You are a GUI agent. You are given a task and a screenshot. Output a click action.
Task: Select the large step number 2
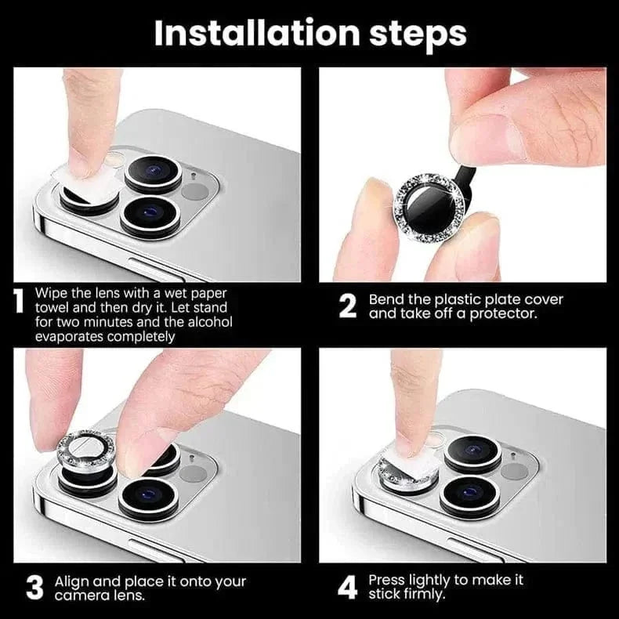pyautogui.click(x=348, y=306)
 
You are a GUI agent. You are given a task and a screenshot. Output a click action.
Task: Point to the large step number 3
pyautogui.click(x=34, y=588)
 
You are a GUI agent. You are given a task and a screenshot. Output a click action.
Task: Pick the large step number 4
pyautogui.click(x=348, y=588)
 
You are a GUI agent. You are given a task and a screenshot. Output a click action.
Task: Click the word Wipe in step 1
pyautogui.click(x=52, y=292)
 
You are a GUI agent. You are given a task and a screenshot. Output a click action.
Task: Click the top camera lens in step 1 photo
pyautogui.click(x=153, y=172)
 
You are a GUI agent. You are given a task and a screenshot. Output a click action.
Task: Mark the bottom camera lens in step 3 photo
pyautogui.click(x=149, y=495)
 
